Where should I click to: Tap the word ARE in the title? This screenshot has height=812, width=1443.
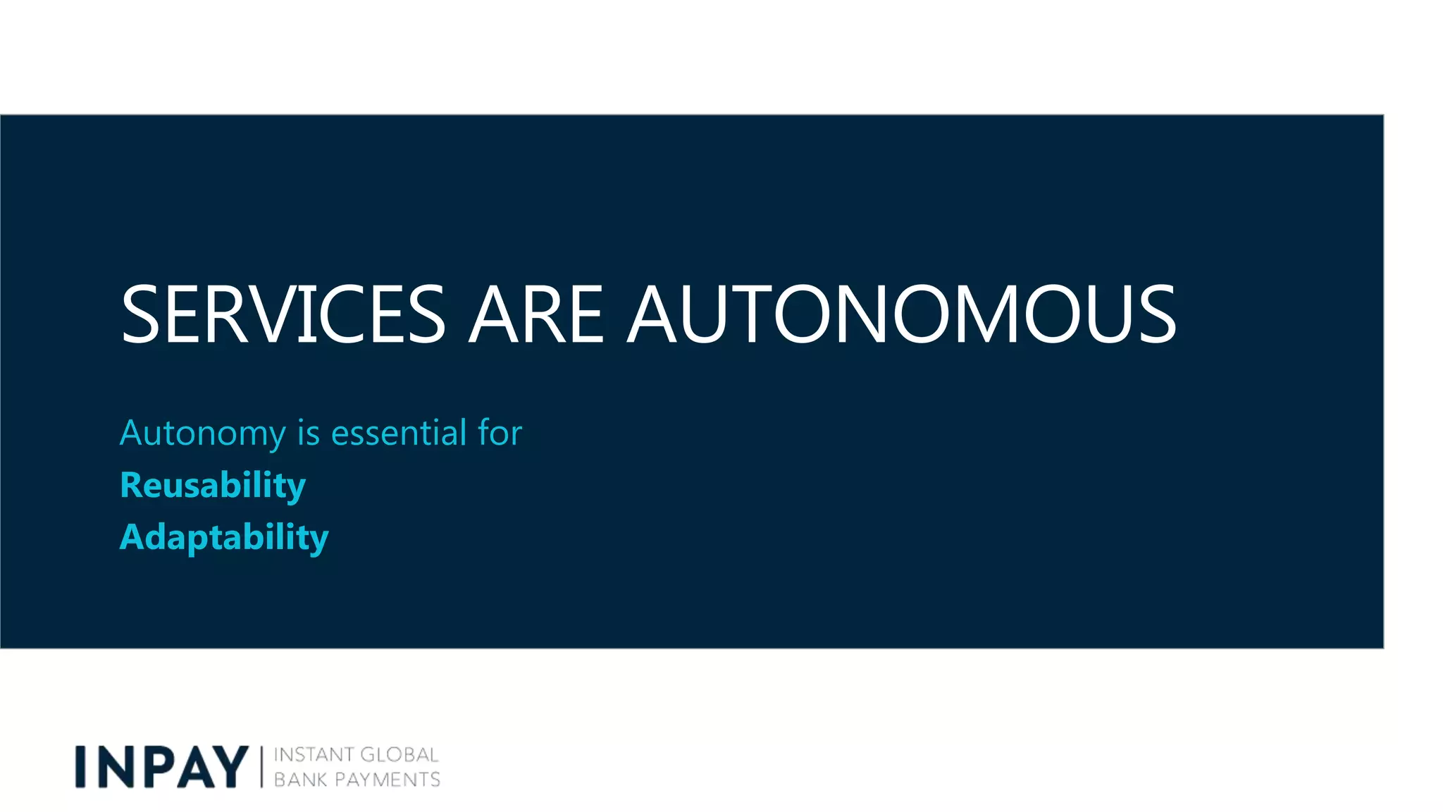[x=536, y=314]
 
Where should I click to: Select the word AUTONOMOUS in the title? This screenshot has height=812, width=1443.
[x=902, y=314]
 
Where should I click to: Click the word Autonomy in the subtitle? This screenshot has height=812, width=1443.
[x=203, y=433]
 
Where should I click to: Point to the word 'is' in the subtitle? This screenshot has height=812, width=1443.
[x=309, y=432]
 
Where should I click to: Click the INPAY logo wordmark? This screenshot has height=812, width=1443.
[x=162, y=767]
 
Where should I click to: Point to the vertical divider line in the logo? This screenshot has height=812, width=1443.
[x=261, y=767]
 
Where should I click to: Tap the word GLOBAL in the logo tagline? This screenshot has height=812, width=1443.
[x=400, y=755]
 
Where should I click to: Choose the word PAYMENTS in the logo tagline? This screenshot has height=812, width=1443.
[x=388, y=780]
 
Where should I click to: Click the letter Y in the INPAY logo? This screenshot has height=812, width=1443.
[x=228, y=767]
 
